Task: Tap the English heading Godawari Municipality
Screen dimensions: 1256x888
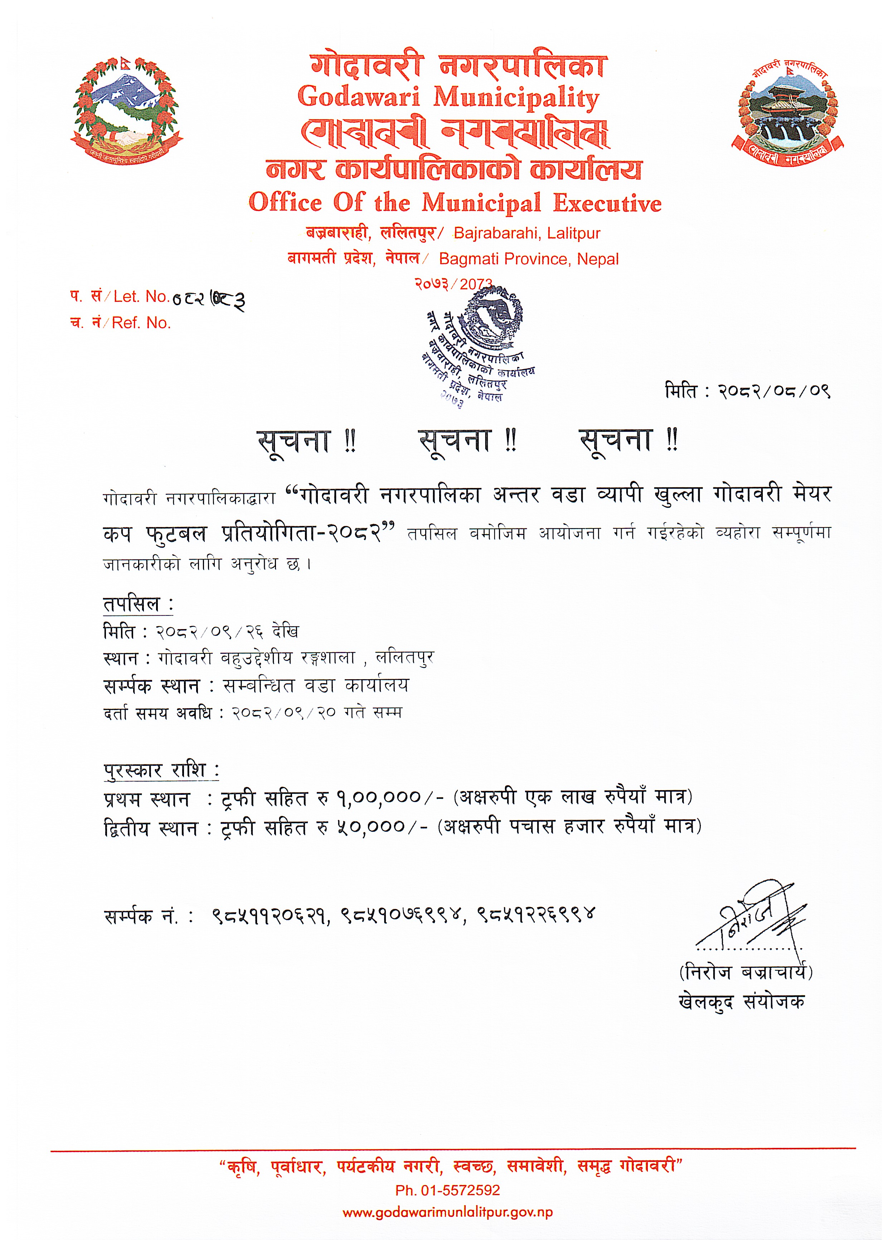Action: (448, 98)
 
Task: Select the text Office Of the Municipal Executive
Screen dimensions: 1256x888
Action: (455, 203)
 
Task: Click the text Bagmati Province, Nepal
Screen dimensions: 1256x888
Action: (529, 259)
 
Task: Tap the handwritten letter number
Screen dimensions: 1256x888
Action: (208, 299)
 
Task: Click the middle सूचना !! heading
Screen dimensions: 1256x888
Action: (467, 441)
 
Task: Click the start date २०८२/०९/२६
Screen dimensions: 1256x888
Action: (210, 632)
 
